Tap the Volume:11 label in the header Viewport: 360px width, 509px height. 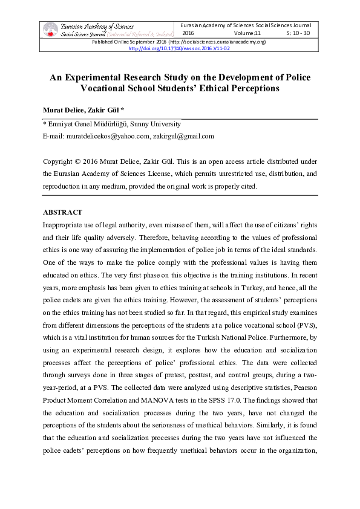pos(247,33)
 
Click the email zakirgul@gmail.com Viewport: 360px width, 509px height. pos(183,136)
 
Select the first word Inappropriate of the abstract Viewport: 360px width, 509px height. pos(65,224)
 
